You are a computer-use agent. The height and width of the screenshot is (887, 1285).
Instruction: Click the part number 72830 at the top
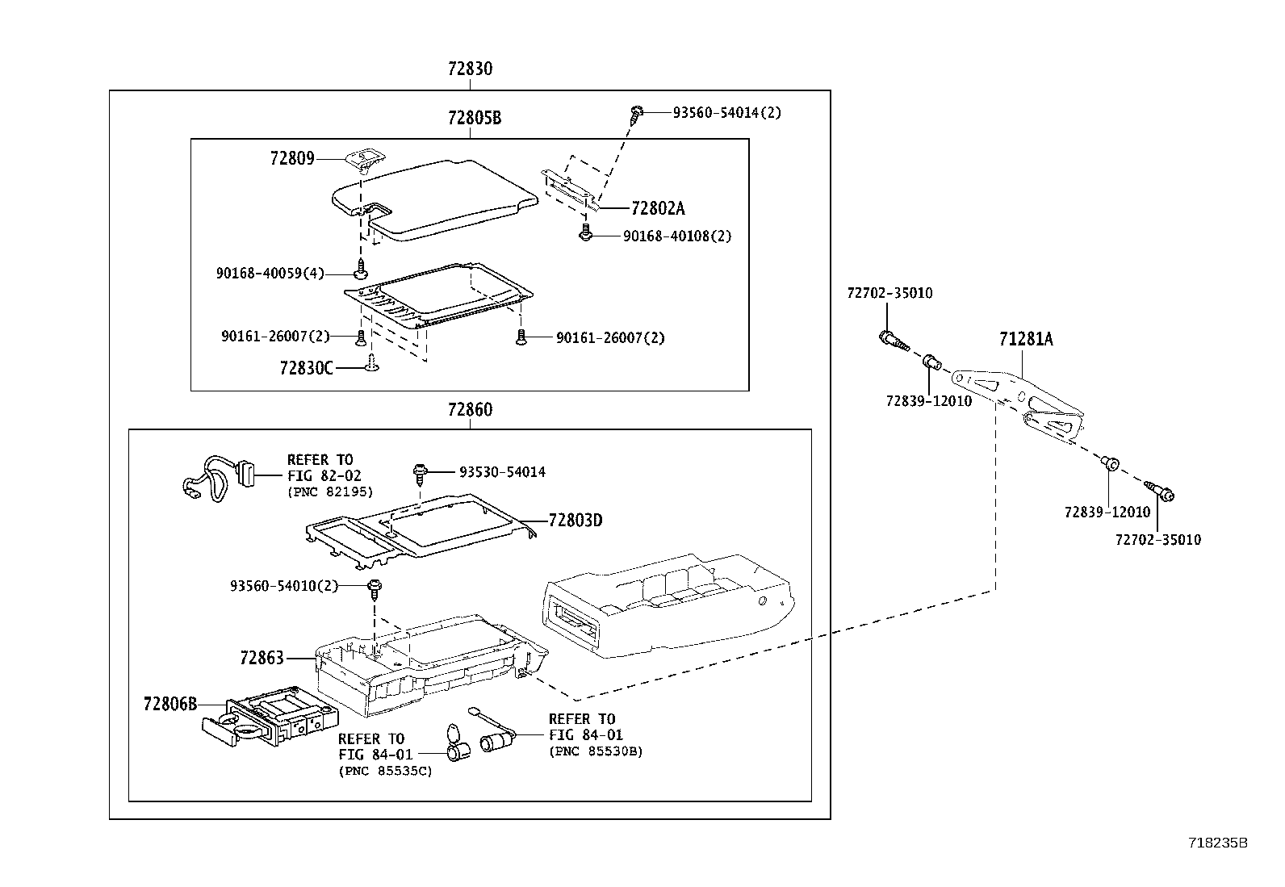[x=470, y=69]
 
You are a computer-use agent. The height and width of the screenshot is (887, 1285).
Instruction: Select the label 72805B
[x=475, y=119]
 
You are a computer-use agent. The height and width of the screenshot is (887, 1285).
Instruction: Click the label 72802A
[x=657, y=208]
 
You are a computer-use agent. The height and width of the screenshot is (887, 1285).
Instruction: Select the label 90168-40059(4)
[x=270, y=274]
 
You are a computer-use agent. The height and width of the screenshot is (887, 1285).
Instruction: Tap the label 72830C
[x=306, y=368]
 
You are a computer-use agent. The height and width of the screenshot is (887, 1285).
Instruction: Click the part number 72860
[x=470, y=410]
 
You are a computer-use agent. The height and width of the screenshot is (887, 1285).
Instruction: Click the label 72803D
[x=576, y=521]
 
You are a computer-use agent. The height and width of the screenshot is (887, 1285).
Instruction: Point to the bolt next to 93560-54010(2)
[x=375, y=588]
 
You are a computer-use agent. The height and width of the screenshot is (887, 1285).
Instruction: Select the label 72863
[x=262, y=659]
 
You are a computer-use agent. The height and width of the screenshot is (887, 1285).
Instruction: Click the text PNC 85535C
[x=385, y=771]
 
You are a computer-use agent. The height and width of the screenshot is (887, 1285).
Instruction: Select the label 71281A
[x=1025, y=340]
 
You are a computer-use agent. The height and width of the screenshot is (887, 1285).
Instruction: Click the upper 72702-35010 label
[x=889, y=293]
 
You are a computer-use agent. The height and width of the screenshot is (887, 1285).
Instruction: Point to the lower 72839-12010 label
[x=1107, y=513]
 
